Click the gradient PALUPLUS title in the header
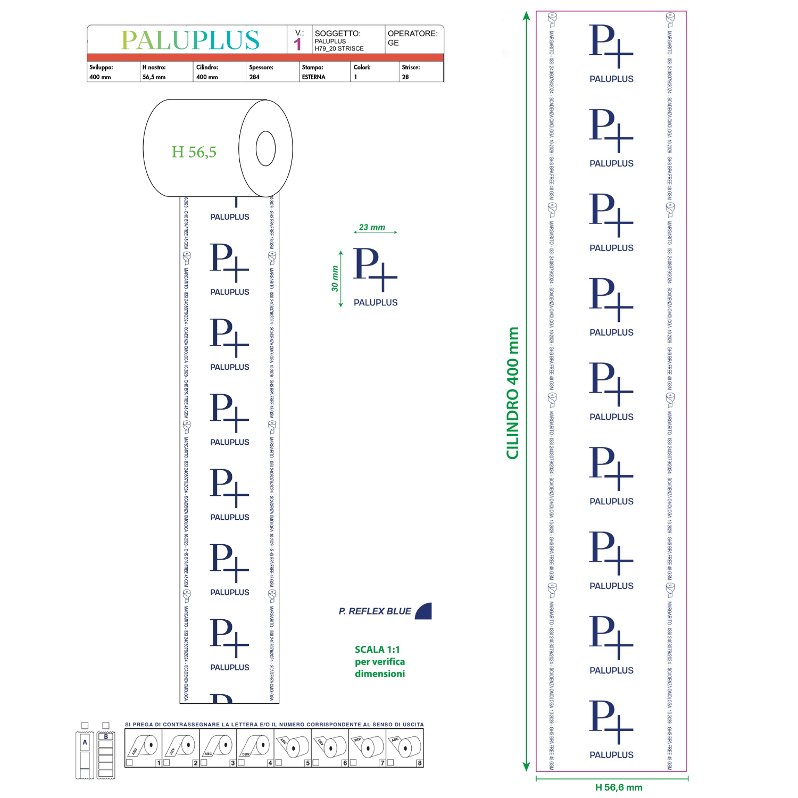pos(190,40)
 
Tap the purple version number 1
pos(298,44)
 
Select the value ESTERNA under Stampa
pos(313,77)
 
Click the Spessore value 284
pos(254,77)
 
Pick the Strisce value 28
pos(405,77)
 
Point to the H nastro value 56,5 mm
pos(154,77)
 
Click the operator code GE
pos(393,43)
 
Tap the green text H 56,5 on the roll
pos(194,152)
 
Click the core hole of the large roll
pos(265,148)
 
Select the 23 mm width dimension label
pos(372,227)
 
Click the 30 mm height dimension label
pos(335,279)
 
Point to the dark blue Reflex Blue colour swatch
pos(424,612)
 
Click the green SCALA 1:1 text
pos(377,650)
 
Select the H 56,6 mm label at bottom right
pos(618,787)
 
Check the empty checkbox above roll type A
pos(85,726)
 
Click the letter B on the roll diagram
pos(106,737)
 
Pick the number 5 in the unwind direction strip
pos(307,763)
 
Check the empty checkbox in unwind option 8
pos(390,762)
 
